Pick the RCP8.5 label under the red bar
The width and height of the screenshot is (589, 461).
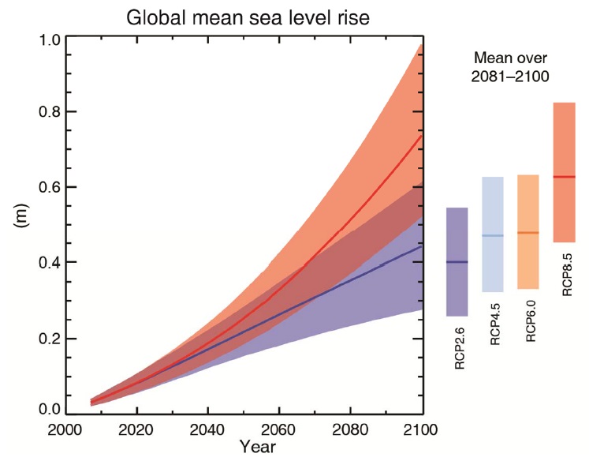coord(567,272)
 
